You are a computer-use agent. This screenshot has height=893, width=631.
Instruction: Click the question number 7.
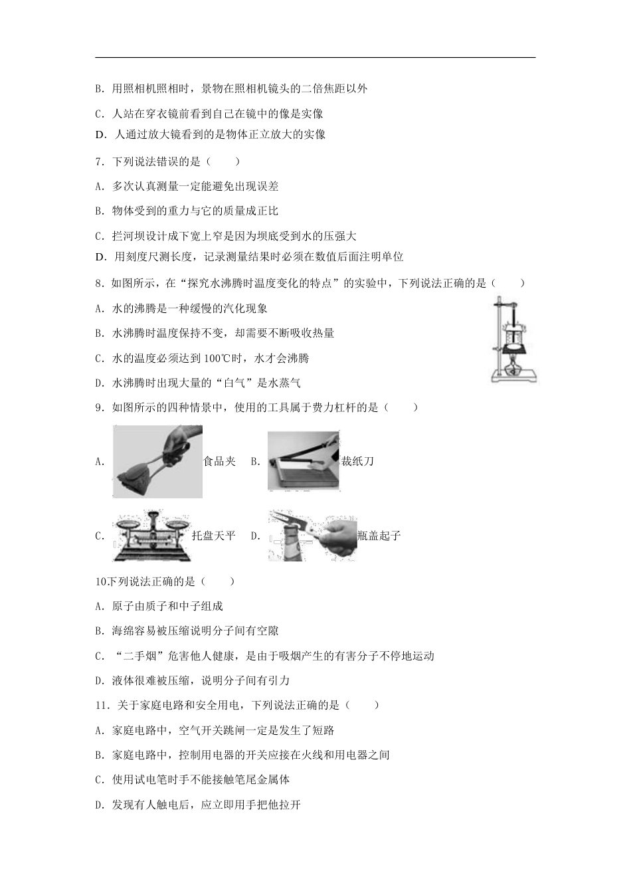(x=99, y=161)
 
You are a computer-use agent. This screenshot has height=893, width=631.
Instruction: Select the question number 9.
(x=99, y=407)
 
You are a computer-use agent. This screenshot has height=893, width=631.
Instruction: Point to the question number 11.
(x=101, y=706)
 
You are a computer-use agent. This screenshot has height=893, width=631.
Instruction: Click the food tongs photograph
(x=158, y=462)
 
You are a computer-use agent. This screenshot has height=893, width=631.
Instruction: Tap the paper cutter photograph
(x=303, y=462)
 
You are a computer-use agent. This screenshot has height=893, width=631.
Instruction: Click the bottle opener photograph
(x=312, y=536)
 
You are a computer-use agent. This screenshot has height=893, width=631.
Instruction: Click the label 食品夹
(x=220, y=462)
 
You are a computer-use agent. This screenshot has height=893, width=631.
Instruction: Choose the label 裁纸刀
(x=357, y=462)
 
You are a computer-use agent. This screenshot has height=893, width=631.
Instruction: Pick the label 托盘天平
(x=214, y=536)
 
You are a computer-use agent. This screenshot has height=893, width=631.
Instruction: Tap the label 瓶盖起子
(x=379, y=536)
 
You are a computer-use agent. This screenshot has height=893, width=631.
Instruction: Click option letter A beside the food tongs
(x=100, y=462)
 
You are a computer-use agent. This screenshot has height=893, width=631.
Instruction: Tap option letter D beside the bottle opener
(x=255, y=536)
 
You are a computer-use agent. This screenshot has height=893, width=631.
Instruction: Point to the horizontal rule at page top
(x=315, y=58)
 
